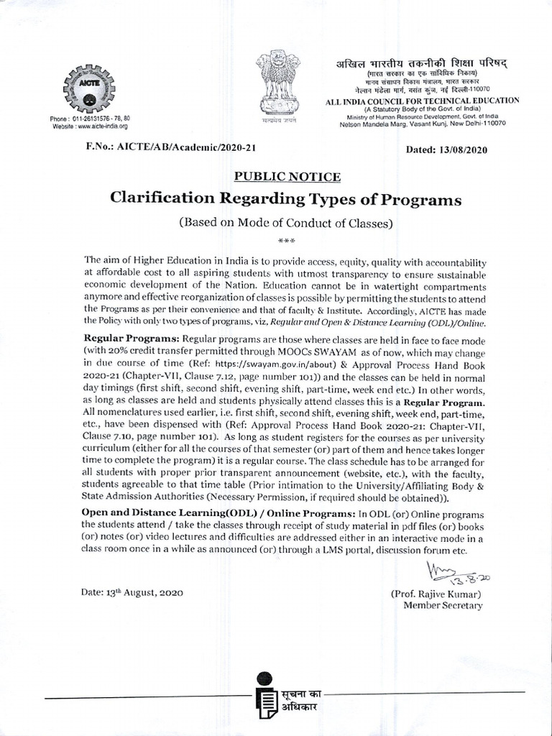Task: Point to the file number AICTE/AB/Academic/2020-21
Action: (170, 148)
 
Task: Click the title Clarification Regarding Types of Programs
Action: (285, 198)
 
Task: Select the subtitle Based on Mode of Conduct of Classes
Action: (286, 223)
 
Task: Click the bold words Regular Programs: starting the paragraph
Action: (132, 338)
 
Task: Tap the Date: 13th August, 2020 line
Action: (132, 593)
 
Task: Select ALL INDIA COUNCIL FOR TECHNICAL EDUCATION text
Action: (422, 101)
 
